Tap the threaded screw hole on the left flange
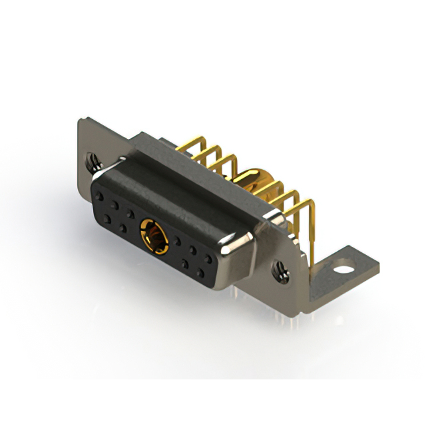93,160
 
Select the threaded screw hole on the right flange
281,270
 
